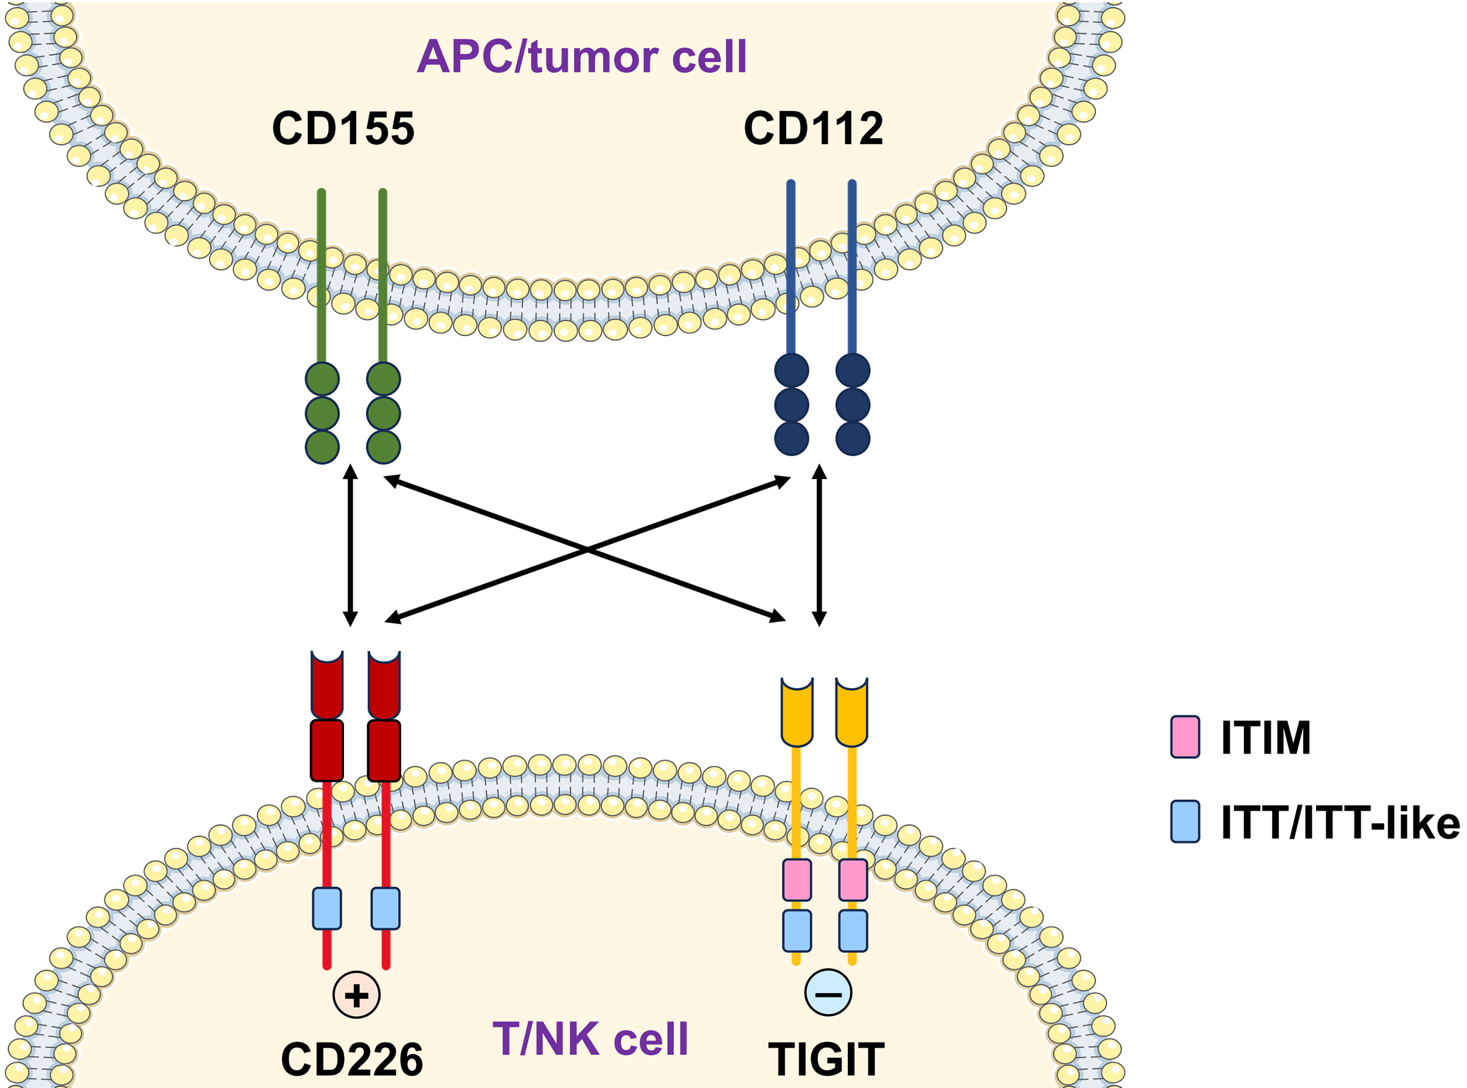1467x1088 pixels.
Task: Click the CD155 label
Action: pos(343,128)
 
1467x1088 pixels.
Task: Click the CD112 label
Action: pos(813,128)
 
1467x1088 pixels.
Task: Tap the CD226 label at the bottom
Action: pos(352,1059)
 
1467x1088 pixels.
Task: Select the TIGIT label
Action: pos(827,1059)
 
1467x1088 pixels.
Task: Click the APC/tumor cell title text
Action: pos(582,56)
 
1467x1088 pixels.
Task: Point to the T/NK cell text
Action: pos(591,1039)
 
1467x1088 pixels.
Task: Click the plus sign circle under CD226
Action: pos(357,994)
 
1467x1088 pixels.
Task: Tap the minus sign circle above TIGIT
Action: pos(829,992)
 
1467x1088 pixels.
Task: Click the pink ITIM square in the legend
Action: pos(1185,737)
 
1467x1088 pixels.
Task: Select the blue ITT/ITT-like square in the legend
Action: pos(1185,821)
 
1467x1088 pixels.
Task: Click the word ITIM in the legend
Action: pos(1266,737)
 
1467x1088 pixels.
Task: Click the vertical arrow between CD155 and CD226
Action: pos(351,546)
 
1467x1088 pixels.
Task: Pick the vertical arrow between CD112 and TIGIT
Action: pos(819,546)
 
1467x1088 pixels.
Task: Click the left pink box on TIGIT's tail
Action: pos(797,880)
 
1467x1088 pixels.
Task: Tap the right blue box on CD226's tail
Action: pos(386,909)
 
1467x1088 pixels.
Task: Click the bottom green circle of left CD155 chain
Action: pos(322,447)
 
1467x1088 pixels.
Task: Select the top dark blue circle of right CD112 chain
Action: pos(853,371)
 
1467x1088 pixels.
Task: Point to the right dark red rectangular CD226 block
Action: pos(384,751)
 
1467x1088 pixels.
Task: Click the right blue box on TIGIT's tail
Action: pos(853,930)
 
